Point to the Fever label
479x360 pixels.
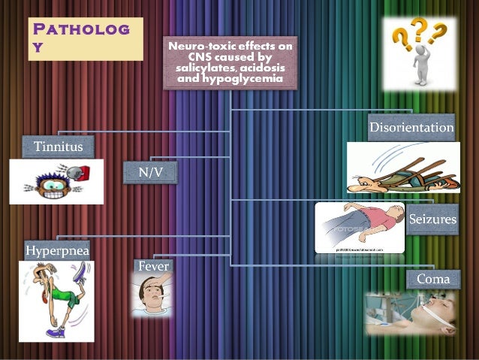point(154,266)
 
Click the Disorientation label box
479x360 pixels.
point(411,127)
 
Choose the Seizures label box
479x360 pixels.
point(432,220)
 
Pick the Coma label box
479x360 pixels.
point(432,280)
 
